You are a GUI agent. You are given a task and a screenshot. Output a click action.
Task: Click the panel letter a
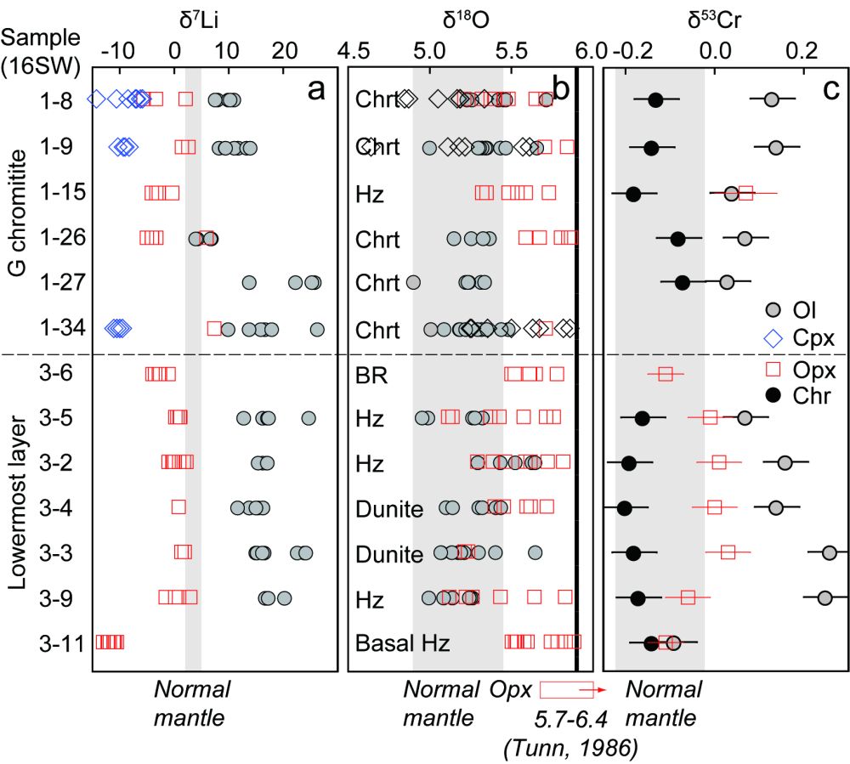(316, 87)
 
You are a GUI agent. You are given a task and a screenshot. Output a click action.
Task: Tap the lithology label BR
(371, 373)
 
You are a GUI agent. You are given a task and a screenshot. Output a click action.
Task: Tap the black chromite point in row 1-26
(677, 239)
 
